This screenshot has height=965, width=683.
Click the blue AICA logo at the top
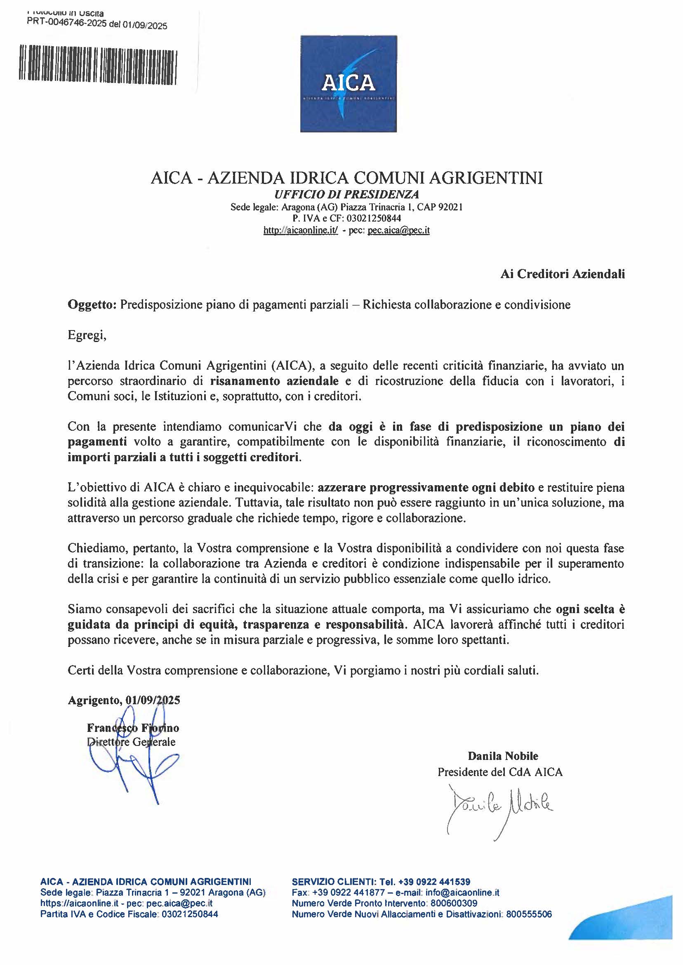coord(348,84)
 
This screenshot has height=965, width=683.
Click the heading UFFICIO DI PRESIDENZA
coord(346,194)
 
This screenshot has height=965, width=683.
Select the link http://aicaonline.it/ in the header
coord(301,230)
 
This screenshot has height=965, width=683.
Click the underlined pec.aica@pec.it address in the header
coord(398,230)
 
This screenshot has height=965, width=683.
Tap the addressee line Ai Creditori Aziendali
coord(562,274)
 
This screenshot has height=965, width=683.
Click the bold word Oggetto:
coord(92,304)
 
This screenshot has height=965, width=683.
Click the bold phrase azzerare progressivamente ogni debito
coord(426,488)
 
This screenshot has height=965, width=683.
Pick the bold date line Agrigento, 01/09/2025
coord(124,700)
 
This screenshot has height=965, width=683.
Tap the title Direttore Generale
coord(131,742)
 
